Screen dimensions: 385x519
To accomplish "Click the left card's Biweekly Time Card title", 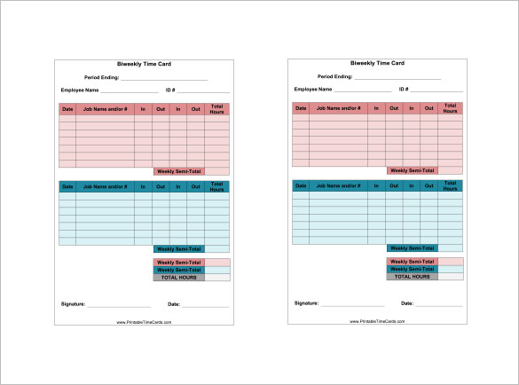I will pyautogui.click(x=144, y=65).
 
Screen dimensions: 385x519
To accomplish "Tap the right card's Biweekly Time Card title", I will pyautogui.click(x=377, y=63).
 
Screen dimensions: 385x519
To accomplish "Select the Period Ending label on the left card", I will pyautogui.click(x=101, y=78).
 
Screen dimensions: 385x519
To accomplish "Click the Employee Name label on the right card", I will pyautogui.click(x=313, y=89).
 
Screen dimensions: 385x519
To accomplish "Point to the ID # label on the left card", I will pyautogui.click(x=170, y=90).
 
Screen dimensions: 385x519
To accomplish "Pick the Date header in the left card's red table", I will pyautogui.click(x=67, y=110).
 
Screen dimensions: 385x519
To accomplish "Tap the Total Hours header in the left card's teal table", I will pyautogui.click(x=216, y=187).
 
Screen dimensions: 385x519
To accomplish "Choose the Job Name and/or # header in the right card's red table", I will pyautogui.click(x=338, y=108).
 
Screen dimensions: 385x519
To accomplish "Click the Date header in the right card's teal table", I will pyautogui.click(x=301, y=186).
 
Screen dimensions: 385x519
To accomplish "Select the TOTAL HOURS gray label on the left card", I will pyautogui.click(x=178, y=278).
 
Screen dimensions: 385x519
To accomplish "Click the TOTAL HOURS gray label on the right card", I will pyautogui.click(x=413, y=277).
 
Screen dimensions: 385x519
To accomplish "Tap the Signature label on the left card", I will pyautogui.click(x=73, y=304).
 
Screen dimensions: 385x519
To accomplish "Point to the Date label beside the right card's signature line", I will pyautogui.click(x=407, y=302).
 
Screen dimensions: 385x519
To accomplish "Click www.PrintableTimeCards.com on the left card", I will pyautogui.click(x=144, y=322).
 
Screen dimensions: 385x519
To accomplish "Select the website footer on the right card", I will pyautogui.click(x=377, y=321).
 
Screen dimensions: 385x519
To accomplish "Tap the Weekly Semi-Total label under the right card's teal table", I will pyautogui.click(x=413, y=248).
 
